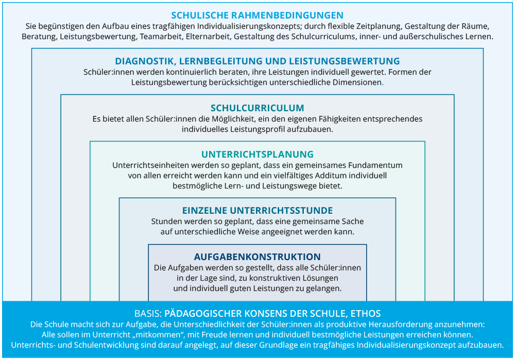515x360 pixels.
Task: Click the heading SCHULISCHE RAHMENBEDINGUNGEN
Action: tap(257, 15)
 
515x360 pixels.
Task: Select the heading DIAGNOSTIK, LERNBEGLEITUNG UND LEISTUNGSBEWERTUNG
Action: tap(257, 61)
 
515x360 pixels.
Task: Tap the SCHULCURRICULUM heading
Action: tap(257, 108)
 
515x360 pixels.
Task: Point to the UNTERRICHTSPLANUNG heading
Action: tap(257, 154)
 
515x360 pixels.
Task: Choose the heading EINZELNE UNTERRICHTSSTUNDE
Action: tap(257, 211)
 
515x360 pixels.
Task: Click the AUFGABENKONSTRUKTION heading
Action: tap(257, 256)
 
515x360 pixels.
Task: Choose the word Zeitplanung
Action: tap(378, 25)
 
